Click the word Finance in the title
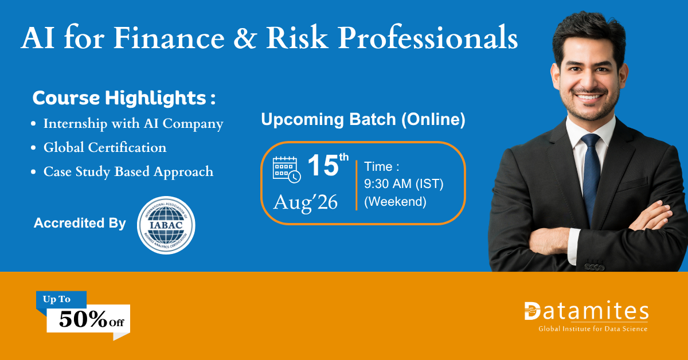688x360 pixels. point(169,38)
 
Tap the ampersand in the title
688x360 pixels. point(245,38)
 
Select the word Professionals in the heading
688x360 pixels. point(428,38)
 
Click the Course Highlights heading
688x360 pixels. point(124,98)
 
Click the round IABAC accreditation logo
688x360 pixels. point(166,225)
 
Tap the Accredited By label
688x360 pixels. point(80,223)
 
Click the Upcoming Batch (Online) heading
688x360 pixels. point(363,119)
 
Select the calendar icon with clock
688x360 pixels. point(287,170)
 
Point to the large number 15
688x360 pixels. point(323,166)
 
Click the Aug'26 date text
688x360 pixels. point(305,203)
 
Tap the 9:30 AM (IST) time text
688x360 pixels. point(404,183)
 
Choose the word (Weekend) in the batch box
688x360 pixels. point(395,202)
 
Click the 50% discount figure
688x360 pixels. point(83,319)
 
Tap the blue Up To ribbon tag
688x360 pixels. point(61,299)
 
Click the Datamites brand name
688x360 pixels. point(587,311)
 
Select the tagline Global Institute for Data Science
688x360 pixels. point(593,328)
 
